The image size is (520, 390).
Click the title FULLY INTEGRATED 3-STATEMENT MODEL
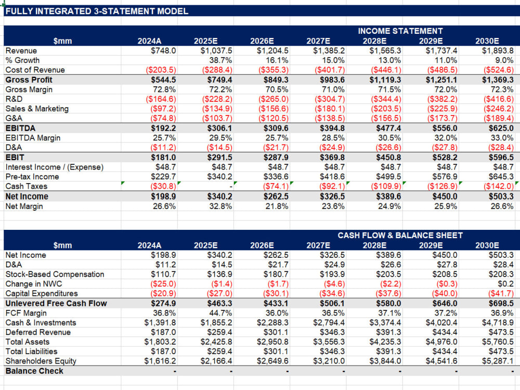(x=97, y=11)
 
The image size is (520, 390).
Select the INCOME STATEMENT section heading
(x=400, y=31)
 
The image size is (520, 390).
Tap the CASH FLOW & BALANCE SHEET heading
(x=400, y=235)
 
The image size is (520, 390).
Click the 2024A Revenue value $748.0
(x=163, y=51)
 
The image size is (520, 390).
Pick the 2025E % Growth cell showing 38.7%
(x=220, y=60)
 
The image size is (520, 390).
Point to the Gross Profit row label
(x=29, y=80)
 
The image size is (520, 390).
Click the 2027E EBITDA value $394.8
(x=332, y=128)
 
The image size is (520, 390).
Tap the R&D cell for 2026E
(x=274, y=99)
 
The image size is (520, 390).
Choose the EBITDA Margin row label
(x=33, y=138)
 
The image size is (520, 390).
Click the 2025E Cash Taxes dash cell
(x=231, y=187)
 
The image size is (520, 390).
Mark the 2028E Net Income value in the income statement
(x=388, y=197)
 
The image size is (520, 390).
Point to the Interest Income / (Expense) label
(x=55, y=167)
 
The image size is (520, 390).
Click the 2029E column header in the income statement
(x=431, y=41)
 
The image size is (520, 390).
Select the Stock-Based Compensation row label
(x=55, y=274)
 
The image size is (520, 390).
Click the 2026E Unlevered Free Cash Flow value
(x=276, y=304)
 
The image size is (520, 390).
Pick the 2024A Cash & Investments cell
(x=160, y=323)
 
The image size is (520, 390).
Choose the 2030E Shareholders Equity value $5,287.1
(x=498, y=361)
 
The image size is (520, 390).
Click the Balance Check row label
(x=34, y=371)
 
